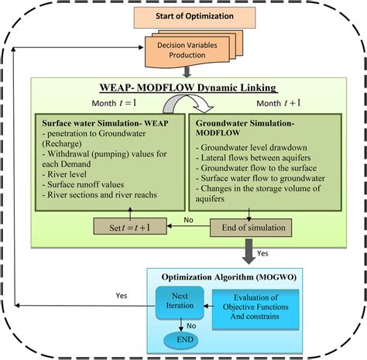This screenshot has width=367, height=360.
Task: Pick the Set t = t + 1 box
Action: coord(127,228)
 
